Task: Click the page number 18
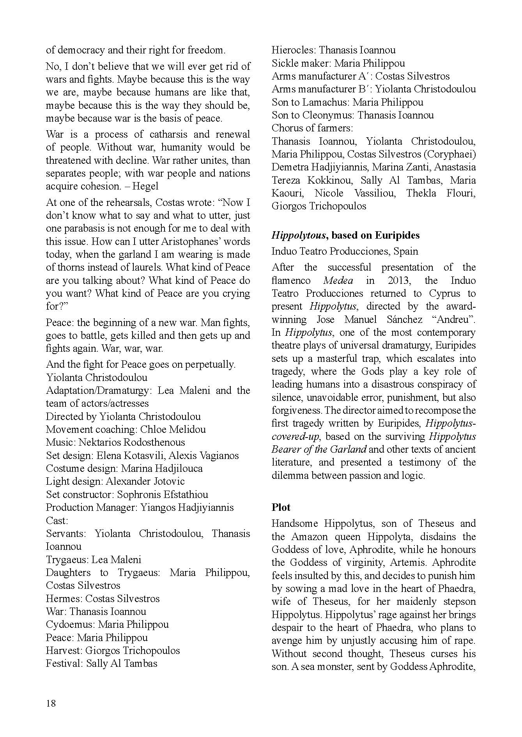pyautogui.click(x=51, y=703)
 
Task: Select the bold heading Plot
pyautogui.click(x=281, y=507)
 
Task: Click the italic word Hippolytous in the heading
pyautogui.click(x=299, y=235)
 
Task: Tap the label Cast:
pyautogui.click(x=57, y=520)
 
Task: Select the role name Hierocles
pyautogui.click(x=293, y=50)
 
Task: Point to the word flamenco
pyautogui.click(x=291, y=280)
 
